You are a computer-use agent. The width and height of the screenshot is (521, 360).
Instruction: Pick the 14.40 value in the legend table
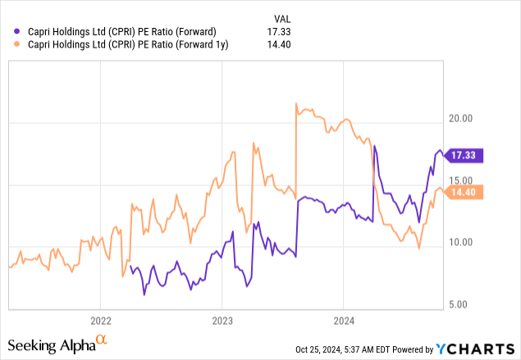point(281,46)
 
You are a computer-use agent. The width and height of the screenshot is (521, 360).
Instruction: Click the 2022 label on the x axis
point(100,320)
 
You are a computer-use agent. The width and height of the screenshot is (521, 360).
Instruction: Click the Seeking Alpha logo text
point(56,344)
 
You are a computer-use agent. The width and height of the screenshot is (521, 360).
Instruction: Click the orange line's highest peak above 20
point(295,103)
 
